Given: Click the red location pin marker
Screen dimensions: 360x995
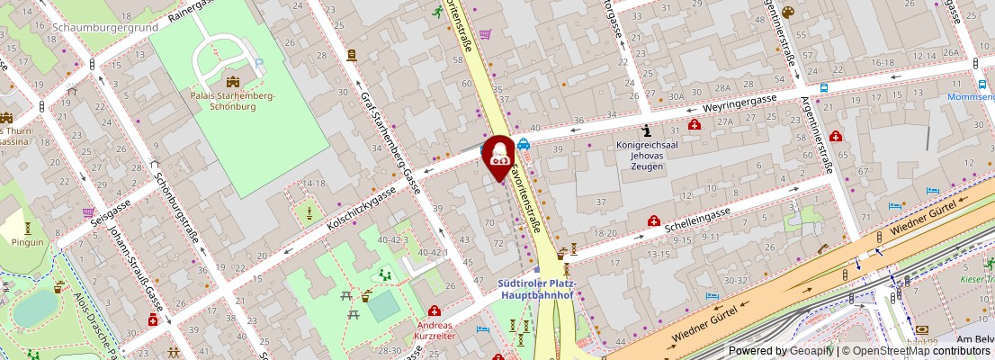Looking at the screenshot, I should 498,156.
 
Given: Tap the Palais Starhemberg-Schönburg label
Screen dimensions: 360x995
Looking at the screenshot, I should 233,101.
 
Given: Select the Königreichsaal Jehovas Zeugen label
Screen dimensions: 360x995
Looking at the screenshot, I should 646,155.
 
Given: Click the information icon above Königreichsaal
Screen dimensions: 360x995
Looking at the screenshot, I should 646,131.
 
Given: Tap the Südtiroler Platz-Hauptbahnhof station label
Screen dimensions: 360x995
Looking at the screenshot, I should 537,288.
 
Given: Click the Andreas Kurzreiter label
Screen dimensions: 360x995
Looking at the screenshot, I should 434,329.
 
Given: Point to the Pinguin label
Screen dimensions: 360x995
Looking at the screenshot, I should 28,242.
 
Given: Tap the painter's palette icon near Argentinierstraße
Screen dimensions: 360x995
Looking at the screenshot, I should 787,12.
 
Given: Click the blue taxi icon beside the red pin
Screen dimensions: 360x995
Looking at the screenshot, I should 523,143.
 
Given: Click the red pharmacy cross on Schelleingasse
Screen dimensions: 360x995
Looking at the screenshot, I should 654,220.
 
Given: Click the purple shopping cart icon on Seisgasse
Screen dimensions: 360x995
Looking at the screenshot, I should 88,213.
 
